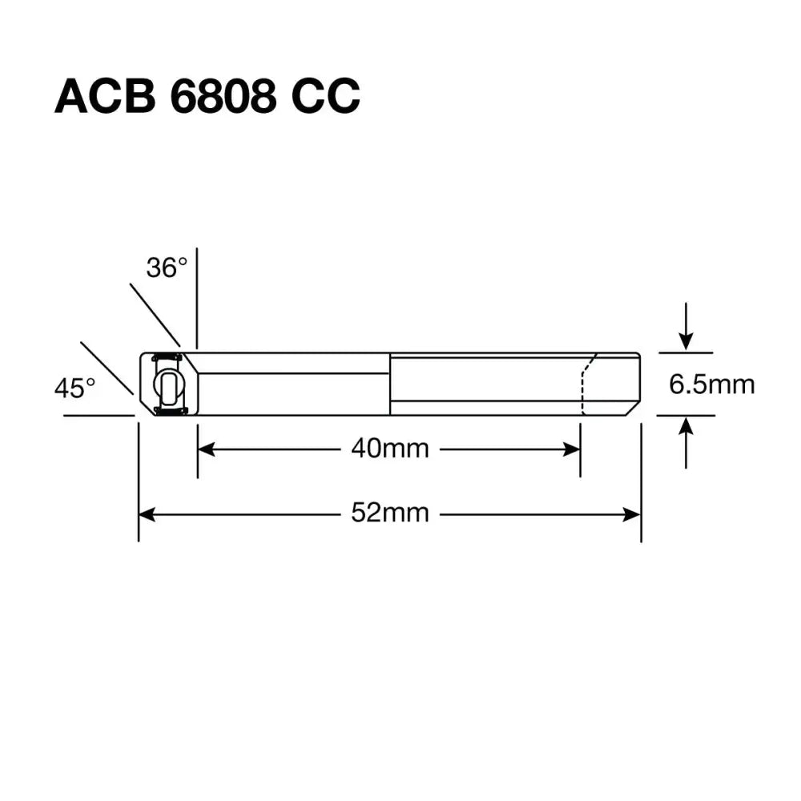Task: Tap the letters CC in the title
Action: (325, 98)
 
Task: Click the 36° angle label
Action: (167, 268)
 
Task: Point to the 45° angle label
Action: (74, 389)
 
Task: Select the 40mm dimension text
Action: (390, 449)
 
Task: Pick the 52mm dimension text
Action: (390, 513)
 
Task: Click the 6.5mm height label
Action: (712, 385)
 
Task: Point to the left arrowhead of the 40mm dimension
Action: (205, 449)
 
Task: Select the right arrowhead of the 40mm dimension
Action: (573, 449)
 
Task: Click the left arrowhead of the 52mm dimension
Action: (147, 513)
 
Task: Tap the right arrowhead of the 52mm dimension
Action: (634, 513)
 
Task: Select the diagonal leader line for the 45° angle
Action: (107, 368)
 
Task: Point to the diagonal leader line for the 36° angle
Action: (155, 314)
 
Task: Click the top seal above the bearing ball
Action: (167, 356)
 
